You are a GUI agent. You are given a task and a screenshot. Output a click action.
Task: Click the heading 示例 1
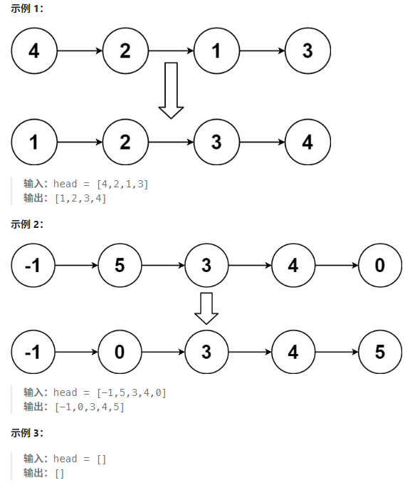click(x=26, y=9)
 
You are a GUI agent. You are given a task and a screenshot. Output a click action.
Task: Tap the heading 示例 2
click(x=26, y=224)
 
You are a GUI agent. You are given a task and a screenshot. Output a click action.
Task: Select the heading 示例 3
click(x=26, y=433)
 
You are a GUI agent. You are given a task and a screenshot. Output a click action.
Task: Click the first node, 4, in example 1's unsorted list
click(x=34, y=51)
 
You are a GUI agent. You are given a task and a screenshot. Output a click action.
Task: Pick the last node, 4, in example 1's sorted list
click(x=308, y=142)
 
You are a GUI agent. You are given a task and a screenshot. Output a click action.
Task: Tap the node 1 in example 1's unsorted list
click(x=216, y=51)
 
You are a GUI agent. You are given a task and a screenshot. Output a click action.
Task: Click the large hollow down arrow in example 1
click(x=171, y=90)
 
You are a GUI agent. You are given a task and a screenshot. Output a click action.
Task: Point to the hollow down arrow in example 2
click(x=206, y=308)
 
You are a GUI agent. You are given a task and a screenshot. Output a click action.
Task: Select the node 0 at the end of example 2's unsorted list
click(x=380, y=265)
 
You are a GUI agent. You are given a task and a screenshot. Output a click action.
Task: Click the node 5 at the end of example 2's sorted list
click(x=380, y=352)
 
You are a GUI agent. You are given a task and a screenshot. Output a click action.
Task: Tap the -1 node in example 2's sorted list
click(x=33, y=352)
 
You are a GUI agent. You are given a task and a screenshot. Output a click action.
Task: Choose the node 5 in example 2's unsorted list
click(x=120, y=265)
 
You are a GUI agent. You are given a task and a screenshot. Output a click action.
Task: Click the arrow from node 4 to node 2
click(x=80, y=51)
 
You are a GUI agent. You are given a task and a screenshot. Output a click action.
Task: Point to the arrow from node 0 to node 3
click(x=163, y=352)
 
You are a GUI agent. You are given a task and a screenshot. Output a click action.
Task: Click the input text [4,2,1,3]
click(x=122, y=184)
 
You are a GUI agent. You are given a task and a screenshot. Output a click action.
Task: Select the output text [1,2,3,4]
click(x=80, y=198)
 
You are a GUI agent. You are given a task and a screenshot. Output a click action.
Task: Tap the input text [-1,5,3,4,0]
click(x=132, y=392)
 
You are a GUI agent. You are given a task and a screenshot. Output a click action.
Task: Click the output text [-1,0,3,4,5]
click(x=90, y=407)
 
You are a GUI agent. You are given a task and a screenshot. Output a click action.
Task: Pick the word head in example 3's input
click(x=65, y=459)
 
